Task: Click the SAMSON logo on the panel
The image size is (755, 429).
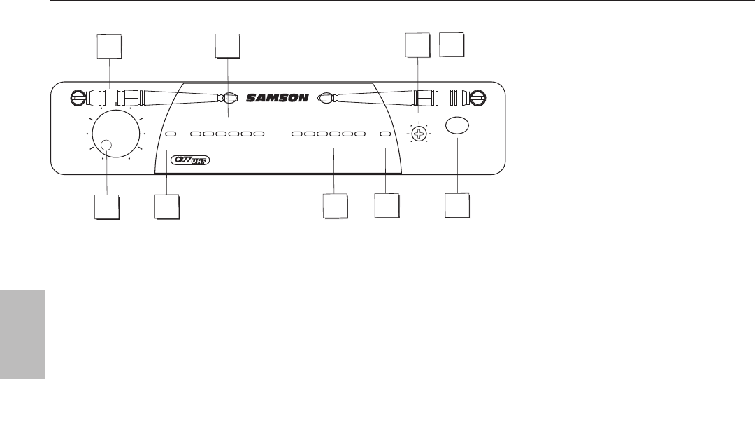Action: point(277,98)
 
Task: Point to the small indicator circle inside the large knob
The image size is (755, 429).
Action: point(106,146)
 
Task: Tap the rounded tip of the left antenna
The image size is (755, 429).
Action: point(228,99)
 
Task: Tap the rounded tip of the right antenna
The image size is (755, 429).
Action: point(324,98)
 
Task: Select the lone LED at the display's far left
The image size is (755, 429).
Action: point(171,133)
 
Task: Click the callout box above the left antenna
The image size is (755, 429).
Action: point(108,47)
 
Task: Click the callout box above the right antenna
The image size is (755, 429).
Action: point(452,45)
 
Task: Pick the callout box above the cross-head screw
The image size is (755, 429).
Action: point(419,46)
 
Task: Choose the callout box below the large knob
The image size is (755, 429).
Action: point(107,207)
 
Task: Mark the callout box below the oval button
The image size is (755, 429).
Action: point(458,207)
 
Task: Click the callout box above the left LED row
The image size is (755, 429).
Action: point(228,46)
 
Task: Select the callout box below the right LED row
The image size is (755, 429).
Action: point(335,208)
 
